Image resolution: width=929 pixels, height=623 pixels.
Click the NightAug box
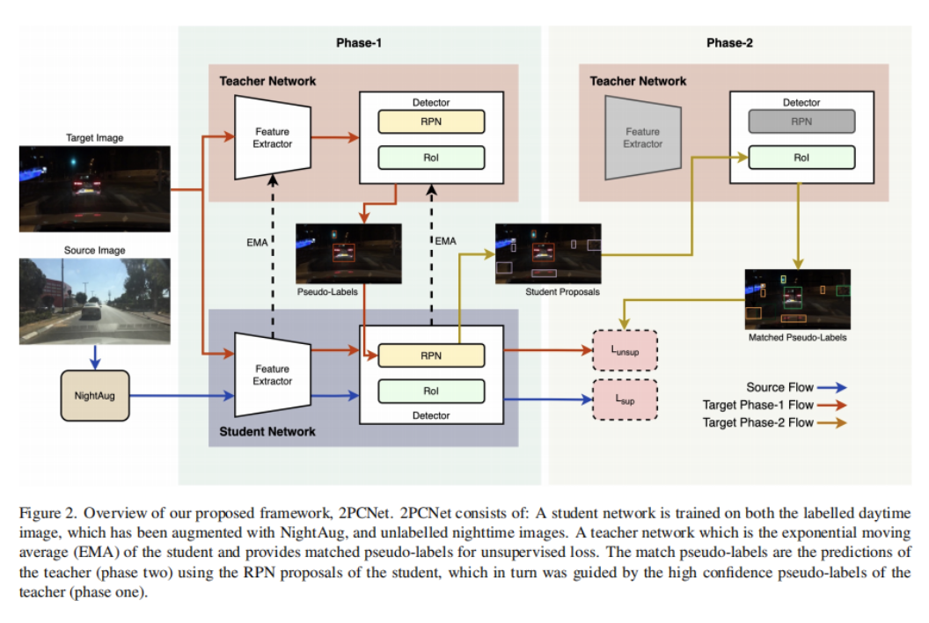93,395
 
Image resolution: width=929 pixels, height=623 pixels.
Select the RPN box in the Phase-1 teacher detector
431,121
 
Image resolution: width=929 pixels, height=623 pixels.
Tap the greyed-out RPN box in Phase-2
801,121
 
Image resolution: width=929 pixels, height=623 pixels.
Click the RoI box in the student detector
431,392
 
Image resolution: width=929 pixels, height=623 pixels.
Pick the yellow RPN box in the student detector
431,355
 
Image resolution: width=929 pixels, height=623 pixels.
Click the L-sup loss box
625,399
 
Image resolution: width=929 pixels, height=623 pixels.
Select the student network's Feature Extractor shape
273,375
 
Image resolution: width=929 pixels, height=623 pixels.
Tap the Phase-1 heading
359,42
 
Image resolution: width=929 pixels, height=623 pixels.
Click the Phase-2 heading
729,42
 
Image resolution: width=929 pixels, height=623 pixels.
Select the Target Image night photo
94,189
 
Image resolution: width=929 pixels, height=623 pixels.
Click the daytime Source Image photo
94,300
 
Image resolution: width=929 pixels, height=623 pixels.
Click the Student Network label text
267,432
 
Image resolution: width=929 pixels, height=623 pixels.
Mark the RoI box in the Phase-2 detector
801,158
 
